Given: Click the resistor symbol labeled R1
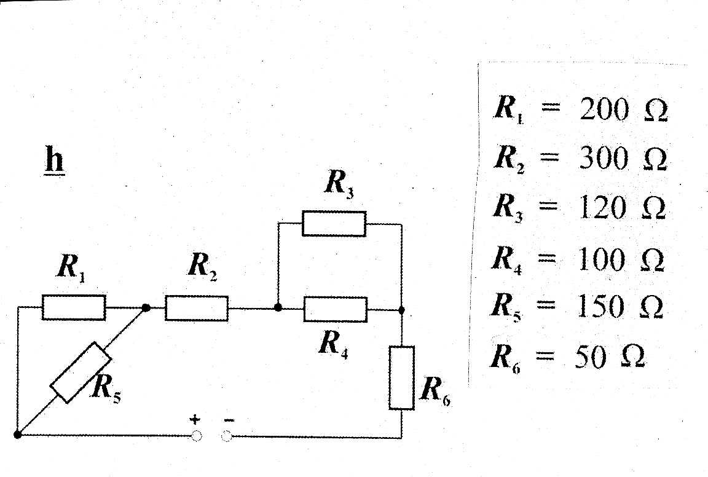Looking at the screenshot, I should [73, 307].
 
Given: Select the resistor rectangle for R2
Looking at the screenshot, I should [196, 307].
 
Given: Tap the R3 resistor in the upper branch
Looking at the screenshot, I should [334, 223].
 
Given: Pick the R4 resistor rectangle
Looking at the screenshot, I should [335, 309].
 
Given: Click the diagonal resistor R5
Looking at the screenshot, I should [81, 372].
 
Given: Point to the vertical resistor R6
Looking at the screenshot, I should [401, 377].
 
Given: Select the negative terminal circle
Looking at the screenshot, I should [226, 436].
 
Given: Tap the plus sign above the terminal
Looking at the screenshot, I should [195, 420].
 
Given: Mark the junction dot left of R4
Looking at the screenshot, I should [278, 307].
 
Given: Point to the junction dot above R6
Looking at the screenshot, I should [401, 310].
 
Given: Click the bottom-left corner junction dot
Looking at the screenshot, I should [17, 435].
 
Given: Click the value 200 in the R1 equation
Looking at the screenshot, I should [604, 111].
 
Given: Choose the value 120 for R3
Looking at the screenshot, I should [602, 209].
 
